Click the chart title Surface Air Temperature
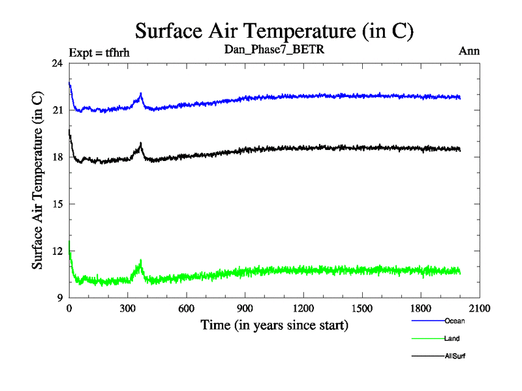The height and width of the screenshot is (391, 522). (274, 31)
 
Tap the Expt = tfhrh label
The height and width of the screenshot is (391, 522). (99, 53)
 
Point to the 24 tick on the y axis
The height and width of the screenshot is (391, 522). (57, 63)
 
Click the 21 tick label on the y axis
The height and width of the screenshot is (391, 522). (57, 110)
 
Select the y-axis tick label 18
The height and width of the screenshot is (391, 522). (57, 157)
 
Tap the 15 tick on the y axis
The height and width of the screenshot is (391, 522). (57, 204)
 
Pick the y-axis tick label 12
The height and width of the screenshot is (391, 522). (57, 251)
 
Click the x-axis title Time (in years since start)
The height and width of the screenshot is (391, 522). (274, 325)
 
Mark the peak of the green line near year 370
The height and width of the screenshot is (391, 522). (141, 260)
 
